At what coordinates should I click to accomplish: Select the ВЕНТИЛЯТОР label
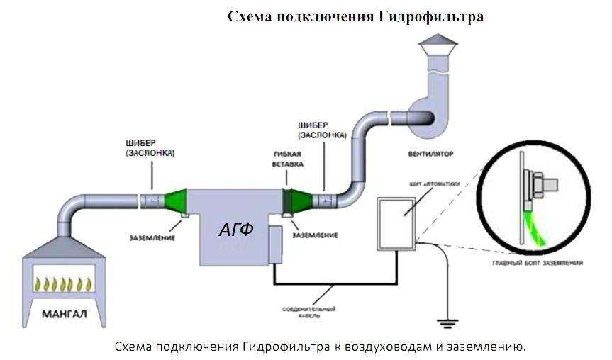(x=431, y=152)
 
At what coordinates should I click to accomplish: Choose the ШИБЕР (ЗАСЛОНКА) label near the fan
(x=321, y=130)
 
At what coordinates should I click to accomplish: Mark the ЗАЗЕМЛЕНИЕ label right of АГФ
(x=314, y=234)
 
